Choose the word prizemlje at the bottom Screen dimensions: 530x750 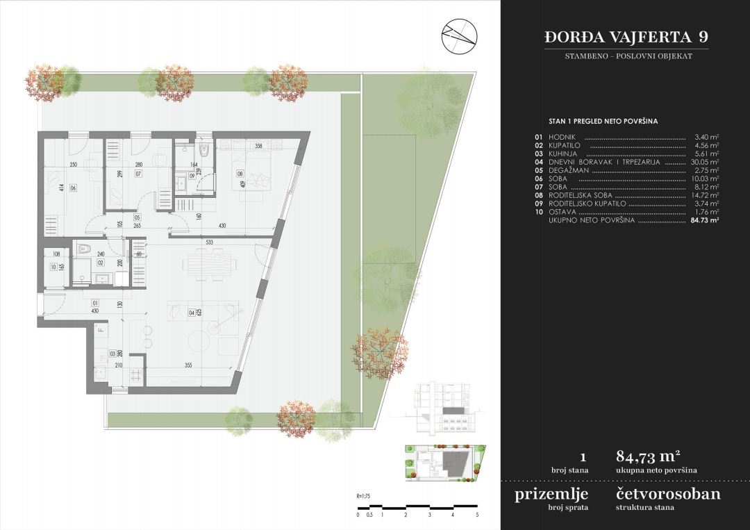[x=551, y=495]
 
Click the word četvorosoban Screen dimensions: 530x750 [x=667, y=495]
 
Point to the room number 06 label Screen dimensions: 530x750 [x=72, y=188]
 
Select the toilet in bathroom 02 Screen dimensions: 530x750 [x=82, y=247]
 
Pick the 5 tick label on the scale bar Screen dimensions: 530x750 [x=477, y=515]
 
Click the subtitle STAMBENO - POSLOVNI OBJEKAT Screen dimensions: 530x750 [x=626, y=56]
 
